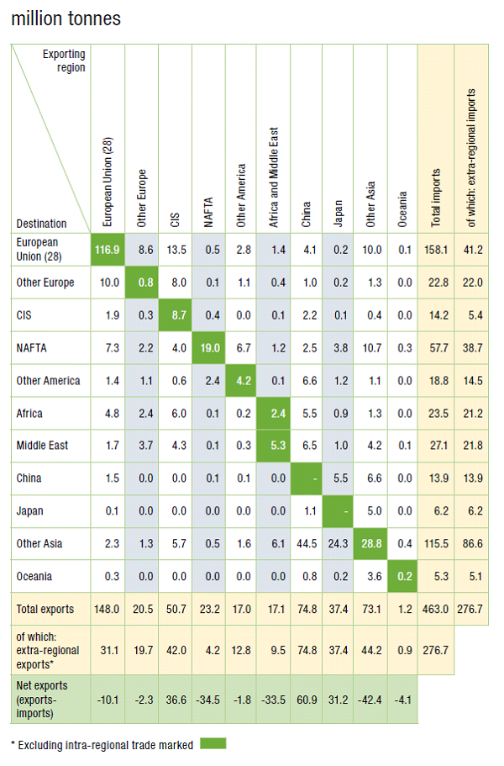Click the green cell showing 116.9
click(108, 250)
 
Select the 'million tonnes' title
click(66, 18)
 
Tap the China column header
click(306, 214)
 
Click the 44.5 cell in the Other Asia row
click(306, 542)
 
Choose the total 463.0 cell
click(436, 608)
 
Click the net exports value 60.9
click(306, 699)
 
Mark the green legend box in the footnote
click(213, 743)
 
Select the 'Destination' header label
click(42, 224)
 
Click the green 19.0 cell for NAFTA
click(207, 347)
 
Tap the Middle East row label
click(43, 445)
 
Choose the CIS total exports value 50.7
click(175, 608)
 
